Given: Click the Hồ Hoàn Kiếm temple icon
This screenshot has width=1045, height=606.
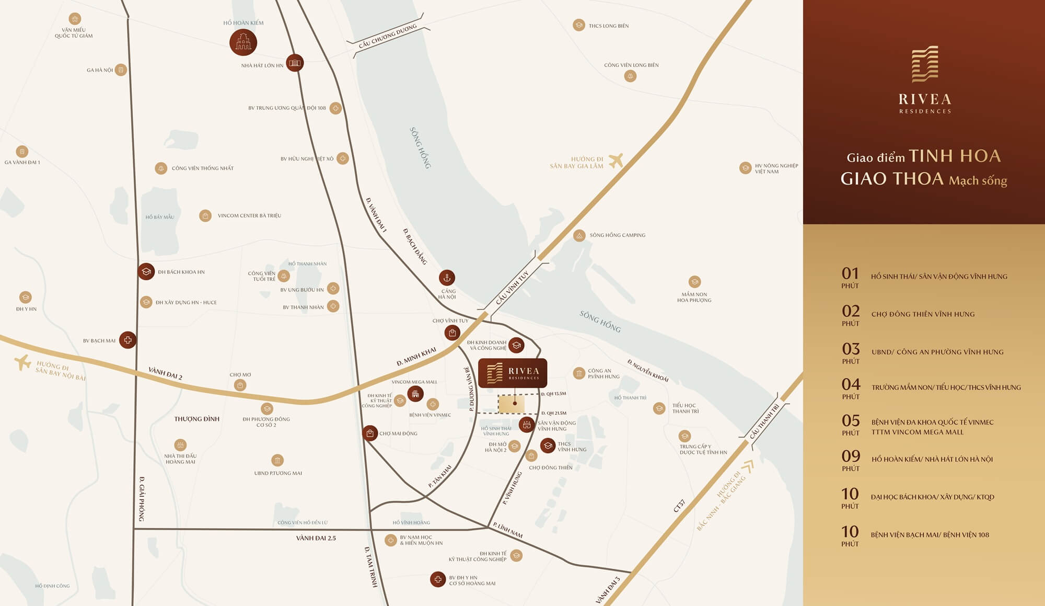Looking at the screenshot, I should point(243,42).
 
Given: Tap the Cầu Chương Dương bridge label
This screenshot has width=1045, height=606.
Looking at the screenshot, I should point(388,36).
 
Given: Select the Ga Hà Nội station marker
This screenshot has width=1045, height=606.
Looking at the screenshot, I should point(121,70).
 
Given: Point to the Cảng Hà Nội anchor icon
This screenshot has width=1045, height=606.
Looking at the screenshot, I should point(447,278).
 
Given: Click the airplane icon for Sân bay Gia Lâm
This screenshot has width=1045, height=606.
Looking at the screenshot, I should point(616,161).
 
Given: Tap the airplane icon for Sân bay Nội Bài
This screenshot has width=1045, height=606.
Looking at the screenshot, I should point(22,362).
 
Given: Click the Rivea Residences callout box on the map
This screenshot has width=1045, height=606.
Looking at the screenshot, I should point(513,373).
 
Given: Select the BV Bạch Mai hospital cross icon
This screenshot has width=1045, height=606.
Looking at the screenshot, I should point(127,340).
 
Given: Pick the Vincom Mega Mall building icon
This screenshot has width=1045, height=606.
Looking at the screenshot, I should point(415,394).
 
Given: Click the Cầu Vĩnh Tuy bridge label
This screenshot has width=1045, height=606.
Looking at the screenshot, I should point(512,288).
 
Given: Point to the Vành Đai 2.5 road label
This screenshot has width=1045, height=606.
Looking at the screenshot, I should point(316,538).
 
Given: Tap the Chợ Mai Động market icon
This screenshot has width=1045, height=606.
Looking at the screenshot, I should point(370,433).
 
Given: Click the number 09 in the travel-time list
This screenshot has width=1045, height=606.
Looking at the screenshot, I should point(851,456).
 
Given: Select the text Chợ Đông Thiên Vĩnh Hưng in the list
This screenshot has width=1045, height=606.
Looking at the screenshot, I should point(923,314).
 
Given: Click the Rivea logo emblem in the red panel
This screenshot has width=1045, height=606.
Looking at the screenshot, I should point(925,64).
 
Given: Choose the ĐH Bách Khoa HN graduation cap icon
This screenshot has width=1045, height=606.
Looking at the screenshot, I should point(146,272).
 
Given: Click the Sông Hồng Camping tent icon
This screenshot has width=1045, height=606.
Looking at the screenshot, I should point(579,235).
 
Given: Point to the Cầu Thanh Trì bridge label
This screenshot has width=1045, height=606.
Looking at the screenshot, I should point(764,421).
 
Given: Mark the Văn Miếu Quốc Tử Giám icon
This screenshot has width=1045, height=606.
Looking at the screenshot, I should point(75,19).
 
